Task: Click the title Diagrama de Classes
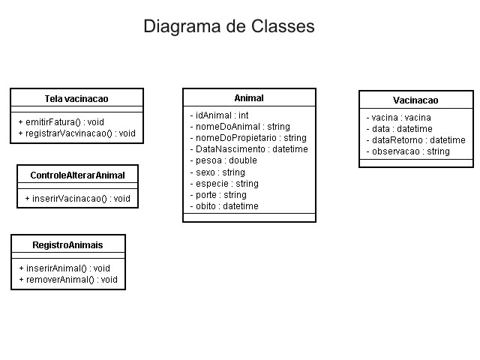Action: pos(229,26)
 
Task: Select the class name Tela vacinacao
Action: pos(76,98)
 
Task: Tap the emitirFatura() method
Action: pos(61,122)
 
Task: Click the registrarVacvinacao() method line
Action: pos(76,133)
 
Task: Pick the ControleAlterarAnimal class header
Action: pos(77,175)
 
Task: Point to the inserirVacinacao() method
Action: pos(78,199)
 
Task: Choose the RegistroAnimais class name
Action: pos(67,245)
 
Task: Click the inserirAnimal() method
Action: pos(64,268)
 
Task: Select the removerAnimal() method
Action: pos(68,280)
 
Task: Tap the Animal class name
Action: pos(249,98)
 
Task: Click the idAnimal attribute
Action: pos(219,115)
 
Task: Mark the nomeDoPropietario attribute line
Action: pos(248,138)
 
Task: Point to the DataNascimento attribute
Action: pos(249,149)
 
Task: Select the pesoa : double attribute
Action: pos(223,160)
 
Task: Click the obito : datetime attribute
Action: pos(224,206)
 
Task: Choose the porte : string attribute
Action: pos(218,195)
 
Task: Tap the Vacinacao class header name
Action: pos(415,100)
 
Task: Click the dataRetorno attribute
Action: pos(415,140)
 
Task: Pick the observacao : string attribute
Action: pos(408,151)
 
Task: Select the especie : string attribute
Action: pos(224,184)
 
